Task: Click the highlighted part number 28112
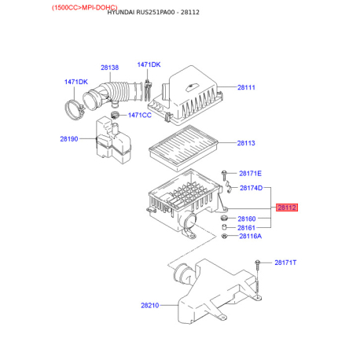pos(287,208)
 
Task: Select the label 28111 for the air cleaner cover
pos(246,87)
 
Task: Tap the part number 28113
pos(246,143)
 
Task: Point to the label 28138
pos(110,68)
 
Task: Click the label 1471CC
pos(140,116)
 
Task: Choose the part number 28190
pos(69,139)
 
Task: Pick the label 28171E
pos(250,174)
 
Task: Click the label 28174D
pos(252,188)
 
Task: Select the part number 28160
pos(247,219)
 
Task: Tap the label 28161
pos(246,228)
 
